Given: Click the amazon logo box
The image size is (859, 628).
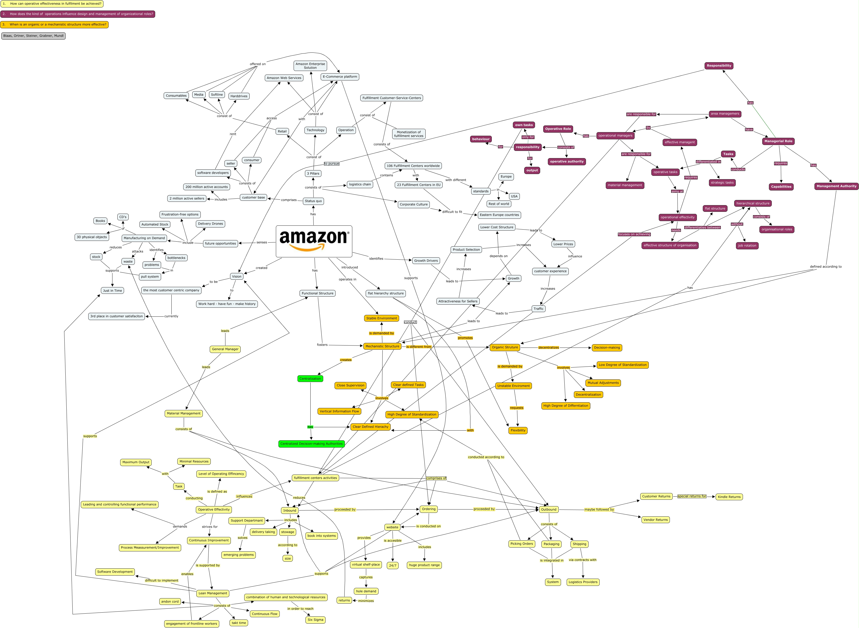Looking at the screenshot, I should coord(314,241).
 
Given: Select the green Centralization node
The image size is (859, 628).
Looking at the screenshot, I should coord(310,379).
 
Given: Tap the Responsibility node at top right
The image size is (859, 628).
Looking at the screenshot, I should coord(718,66).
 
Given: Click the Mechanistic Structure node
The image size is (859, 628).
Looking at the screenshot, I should coord(382,346).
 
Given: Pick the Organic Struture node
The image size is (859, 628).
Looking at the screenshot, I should coord(505,348).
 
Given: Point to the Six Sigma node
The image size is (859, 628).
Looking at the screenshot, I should coord(315,620).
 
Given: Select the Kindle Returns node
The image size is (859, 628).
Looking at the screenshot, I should coord(729,497).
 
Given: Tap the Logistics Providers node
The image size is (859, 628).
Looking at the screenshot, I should coord(583,582).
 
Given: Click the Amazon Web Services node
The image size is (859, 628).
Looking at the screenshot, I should coord(284,78).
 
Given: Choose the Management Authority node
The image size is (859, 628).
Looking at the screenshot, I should coord(836,186).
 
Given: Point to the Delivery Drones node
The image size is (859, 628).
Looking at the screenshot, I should coord(211,224).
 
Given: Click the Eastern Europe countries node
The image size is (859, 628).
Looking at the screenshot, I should coord(499,215).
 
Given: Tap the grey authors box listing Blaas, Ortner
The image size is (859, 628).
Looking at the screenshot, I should coord(33,36).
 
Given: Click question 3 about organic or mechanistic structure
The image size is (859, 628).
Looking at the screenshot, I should coord(54,25).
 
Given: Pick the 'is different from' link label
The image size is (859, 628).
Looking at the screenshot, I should coord(419,347).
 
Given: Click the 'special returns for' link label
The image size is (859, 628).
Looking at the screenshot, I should coord(691,496).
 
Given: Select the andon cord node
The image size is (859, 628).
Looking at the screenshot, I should coord(170,601).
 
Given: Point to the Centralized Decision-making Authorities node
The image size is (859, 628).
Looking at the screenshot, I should coord(311,444).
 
